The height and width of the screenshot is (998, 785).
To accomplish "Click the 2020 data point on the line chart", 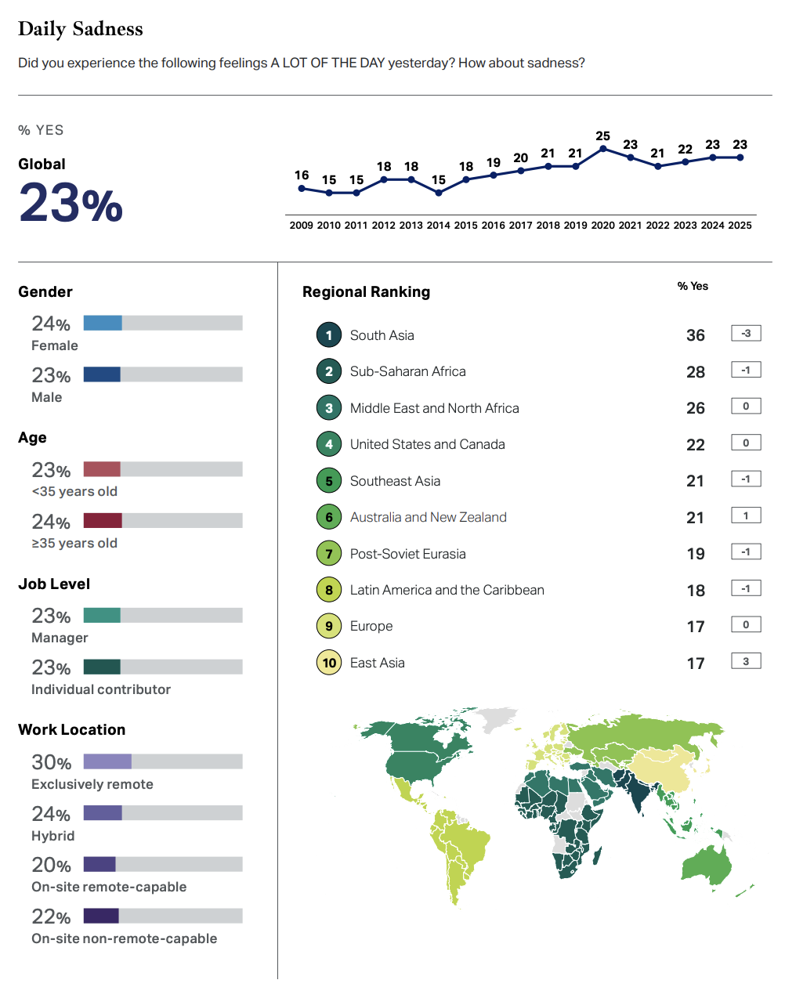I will [x=603, y=148].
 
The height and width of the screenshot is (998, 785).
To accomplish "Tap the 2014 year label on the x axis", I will [x=438, y=226].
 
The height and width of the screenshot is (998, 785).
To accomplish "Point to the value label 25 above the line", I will [x=602, y=136].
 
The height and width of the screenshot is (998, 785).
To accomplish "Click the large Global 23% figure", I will [x=71, y=203].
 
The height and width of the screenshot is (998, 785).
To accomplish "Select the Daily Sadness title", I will [x=81, y=29].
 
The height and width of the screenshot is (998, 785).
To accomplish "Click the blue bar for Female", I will [x=103, y=323].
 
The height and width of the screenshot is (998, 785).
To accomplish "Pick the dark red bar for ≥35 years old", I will [x=103, y=520].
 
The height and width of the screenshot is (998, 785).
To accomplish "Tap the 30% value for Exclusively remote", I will [x=52, y=762].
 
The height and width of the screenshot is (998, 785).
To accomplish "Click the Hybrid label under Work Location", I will [x=53, y=836].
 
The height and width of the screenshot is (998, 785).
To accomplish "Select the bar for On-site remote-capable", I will [x=99, y=864].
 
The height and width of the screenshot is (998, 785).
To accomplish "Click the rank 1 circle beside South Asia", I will [x=329, y=335].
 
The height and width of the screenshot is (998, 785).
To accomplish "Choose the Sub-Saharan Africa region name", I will [x=407, y=371].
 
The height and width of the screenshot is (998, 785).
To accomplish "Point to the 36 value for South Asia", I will [x=696, y=335].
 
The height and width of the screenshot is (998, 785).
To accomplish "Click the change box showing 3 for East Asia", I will [x=746, y=662].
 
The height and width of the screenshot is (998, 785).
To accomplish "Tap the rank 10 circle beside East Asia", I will [x=329, y=663].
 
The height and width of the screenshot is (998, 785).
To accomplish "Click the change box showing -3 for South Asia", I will [x=746, y=334].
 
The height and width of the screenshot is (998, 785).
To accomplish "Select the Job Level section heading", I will [x=54, y=584].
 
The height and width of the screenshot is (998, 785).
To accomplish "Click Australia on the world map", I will [x=707, y=866].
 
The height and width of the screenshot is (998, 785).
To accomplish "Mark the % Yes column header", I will [x=693, y=286].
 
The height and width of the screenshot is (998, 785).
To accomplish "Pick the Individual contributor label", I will [x=101, y=689].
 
